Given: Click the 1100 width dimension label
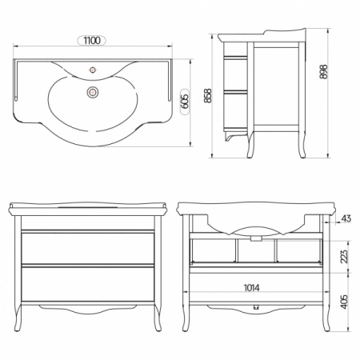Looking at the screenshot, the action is pos(92,41).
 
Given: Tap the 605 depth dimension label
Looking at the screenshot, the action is pos(185,102).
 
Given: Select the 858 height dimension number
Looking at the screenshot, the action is pos(207,95).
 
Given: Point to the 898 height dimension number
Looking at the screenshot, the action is pos(323,71).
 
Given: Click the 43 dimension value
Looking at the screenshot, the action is pos(346,218).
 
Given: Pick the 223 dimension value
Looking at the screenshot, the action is pos(344,256).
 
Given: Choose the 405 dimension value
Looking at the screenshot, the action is pos(344,302).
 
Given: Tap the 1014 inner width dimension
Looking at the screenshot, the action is pos(251,288).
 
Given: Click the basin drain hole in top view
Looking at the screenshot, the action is pos(93,92).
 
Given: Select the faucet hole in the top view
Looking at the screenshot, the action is pos(93,70).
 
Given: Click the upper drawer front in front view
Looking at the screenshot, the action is pos(88,249).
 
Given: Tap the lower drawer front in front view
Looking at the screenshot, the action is pos(88,284).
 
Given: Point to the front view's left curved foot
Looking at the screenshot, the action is pos(18,318).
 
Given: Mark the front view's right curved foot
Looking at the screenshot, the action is pos(158,318).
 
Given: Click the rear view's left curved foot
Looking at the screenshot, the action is pos(186,318).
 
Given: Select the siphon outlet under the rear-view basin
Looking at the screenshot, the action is pos(256,238).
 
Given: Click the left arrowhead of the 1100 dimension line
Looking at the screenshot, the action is pos(15,46).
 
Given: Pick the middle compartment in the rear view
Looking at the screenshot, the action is pos(256,250).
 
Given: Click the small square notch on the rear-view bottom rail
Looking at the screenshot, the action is pos(256,307).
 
